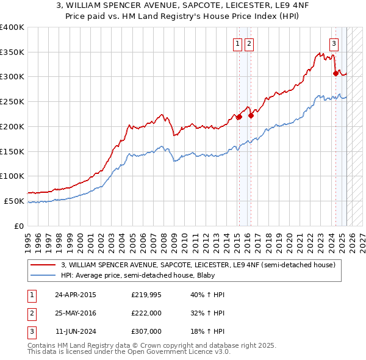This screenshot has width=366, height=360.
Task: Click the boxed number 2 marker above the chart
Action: coord(250,43)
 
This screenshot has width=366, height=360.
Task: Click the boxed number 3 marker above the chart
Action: coord(334,43)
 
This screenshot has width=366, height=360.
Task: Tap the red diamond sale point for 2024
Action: coord(335,74)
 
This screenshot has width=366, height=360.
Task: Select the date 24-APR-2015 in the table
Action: coord(76,295)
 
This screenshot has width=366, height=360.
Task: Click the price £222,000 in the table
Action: coord(146,313)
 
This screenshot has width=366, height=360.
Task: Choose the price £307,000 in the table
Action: coord(146,331)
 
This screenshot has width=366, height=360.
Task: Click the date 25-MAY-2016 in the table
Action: coord(76,313)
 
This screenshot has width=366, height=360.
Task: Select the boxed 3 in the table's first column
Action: coord(30,331)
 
